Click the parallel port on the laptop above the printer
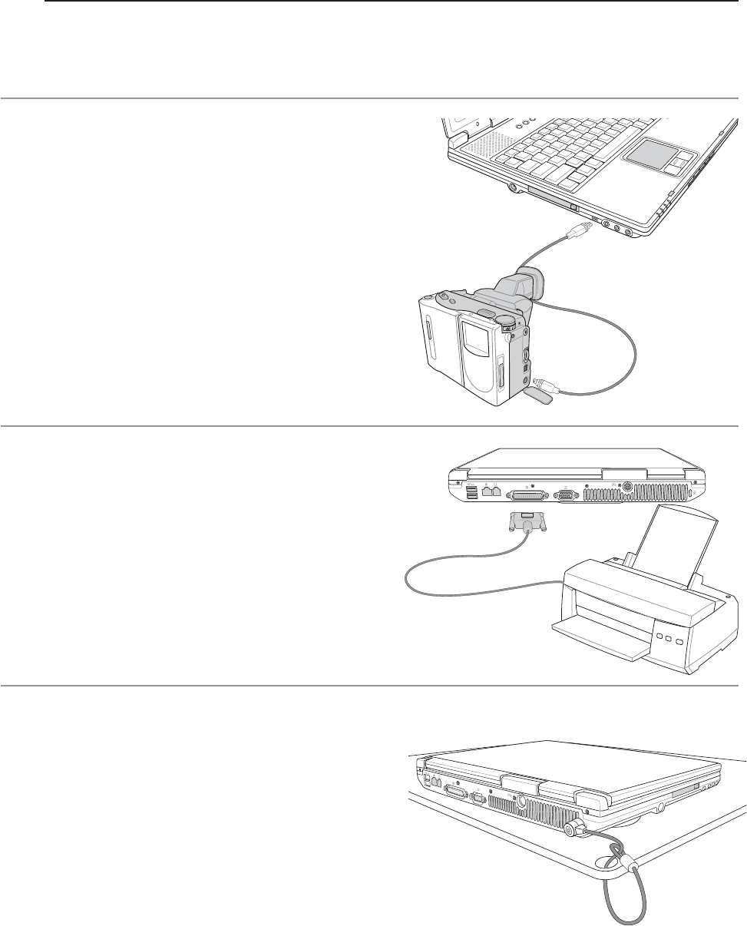pyautogui.click(x=528, y=495)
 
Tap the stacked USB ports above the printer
pyautogui.click(x=470, y=491)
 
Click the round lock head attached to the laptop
pyautogui.click(x=573, y=831)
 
